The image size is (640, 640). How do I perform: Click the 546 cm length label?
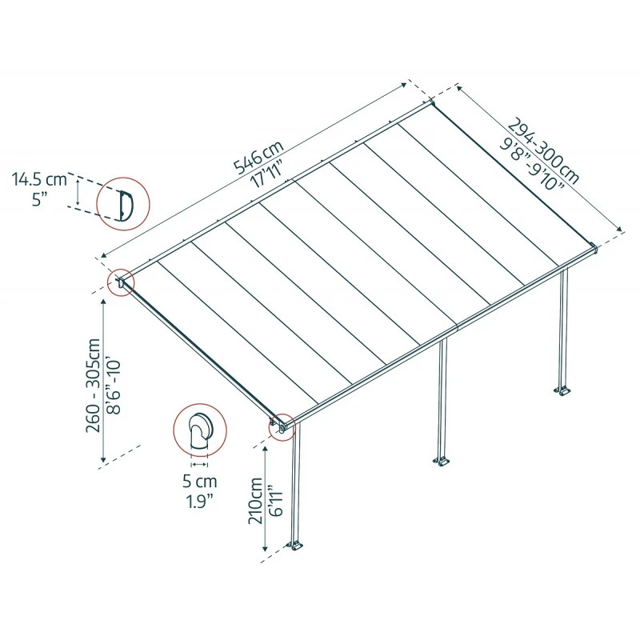point(258,157)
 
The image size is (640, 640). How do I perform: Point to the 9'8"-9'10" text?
point(530,166)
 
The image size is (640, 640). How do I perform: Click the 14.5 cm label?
point(39,179)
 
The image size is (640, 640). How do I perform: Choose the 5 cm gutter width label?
point(198,482)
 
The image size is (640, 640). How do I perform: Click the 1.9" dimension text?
point(198,502)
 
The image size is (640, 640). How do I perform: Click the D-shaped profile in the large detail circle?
point(124,204)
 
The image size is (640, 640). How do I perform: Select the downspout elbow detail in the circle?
point(199,433)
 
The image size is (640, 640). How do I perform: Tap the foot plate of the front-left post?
point(298,547)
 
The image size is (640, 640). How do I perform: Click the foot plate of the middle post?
point(441,462)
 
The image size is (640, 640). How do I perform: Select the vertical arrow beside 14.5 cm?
point(77,192)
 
